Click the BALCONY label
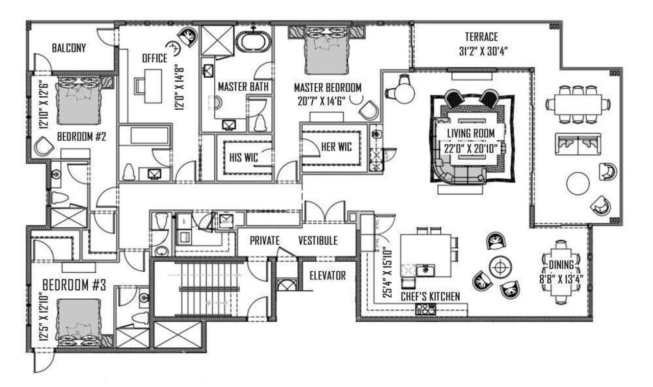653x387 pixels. tap(69, 48)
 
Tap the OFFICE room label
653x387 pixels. tap(155, 59)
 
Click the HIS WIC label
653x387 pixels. tap(243, 157)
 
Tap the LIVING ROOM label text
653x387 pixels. tap(471, 134)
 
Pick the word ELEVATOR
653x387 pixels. tap(328, 276)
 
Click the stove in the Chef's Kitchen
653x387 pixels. tap(425, 308)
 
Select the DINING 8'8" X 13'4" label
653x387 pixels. tap(563, 271)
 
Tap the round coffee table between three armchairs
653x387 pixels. tap(498, 267)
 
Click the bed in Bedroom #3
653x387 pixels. tap(79, 321)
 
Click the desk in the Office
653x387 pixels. tap(152, 82)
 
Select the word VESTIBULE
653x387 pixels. tap(317, 241)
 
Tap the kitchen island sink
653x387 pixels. tap(424, 269)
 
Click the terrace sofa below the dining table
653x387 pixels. tap(577, 144)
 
